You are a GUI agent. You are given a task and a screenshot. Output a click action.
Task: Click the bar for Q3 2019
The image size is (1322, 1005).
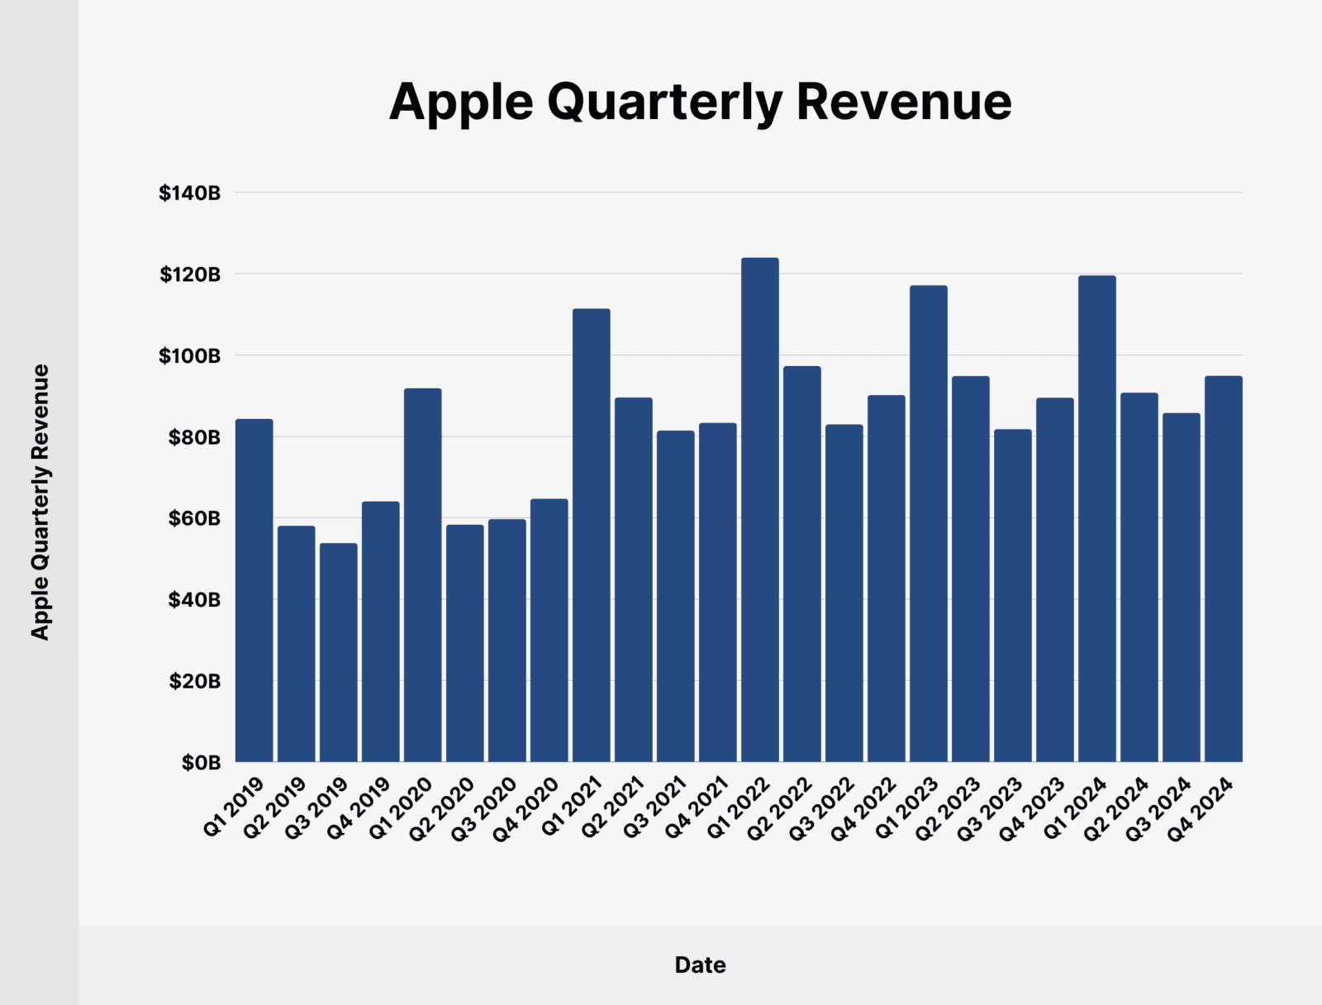pos(339,652)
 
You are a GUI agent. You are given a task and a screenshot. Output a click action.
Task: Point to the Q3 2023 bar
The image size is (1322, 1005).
pos(1012,595)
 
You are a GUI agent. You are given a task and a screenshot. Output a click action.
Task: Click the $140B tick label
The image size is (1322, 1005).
pos(190,193)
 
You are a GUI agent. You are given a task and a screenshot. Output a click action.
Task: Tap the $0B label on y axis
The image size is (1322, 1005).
pos(202,763)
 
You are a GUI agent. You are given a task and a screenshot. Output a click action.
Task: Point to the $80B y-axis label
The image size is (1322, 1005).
pos(194,437)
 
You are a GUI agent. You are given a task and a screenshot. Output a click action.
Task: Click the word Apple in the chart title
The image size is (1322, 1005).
pos(461,103)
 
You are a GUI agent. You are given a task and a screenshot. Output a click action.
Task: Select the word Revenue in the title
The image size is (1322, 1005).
pos(904,102)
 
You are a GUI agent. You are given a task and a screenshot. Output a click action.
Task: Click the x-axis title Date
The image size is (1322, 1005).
pos(700,965)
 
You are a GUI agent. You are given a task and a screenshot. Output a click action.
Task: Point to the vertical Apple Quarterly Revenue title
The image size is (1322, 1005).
pos(40,502)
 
